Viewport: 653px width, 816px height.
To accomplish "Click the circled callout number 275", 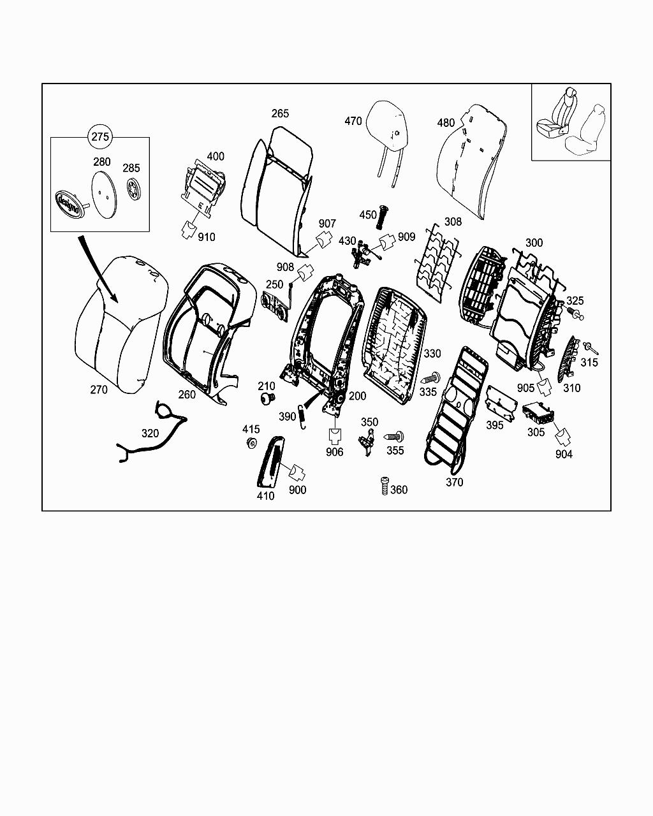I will pyautogui.click(x=101, y=136).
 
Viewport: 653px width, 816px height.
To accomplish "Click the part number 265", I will pyautogui.click(x=280, y=113).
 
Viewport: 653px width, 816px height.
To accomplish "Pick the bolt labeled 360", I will pyautogui.click(x=384, y=486).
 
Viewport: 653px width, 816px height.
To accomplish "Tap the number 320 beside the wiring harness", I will pyautogui.click(x=150, y=433).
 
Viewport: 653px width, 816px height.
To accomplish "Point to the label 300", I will pyautogui.click(x=534, y=243).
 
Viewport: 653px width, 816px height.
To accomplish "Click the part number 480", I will pyautogui.click(x=446, y=123).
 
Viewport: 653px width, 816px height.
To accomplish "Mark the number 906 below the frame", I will pyautogui.click(x=334, y=452).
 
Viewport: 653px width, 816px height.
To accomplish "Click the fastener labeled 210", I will pyautogui.click(x=267, y=399).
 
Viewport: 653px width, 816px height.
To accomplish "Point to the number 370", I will pyautogui.click(x=454, y=483).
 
